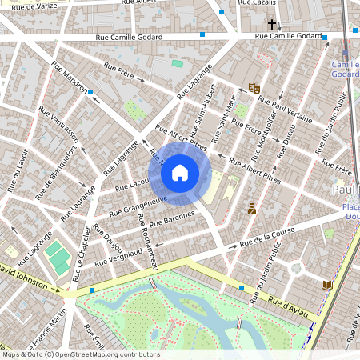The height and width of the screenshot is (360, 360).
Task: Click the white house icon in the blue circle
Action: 180,172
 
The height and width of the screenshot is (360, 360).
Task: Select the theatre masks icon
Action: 254,89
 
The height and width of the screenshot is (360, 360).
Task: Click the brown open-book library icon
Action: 326,285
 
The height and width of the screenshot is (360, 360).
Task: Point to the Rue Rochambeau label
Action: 149,242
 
